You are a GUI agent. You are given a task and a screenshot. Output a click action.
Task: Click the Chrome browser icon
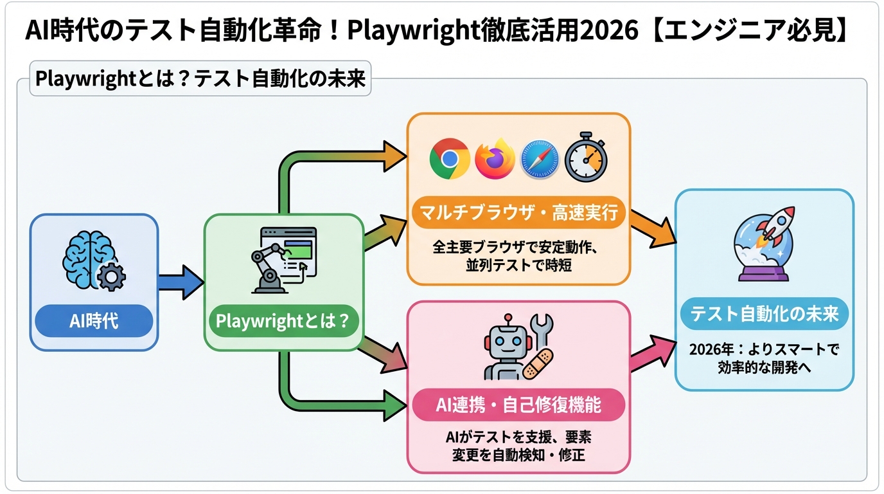[450, 159]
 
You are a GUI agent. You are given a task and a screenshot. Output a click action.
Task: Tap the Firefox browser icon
[495, 159]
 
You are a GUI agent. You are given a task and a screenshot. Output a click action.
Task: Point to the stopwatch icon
[586, 158]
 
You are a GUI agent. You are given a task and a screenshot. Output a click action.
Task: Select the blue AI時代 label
[94, 321]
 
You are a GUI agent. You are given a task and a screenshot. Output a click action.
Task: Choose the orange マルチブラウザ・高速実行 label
[518, 212]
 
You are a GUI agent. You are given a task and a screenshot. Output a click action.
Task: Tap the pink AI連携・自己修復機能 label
[518, 405]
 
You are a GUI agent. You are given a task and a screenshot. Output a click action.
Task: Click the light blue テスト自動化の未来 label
[764, 315]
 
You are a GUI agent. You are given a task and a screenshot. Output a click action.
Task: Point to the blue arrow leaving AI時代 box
[180, 282]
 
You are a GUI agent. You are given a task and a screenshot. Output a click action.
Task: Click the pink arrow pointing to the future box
[651, 353]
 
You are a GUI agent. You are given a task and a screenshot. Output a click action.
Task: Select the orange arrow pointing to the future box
[651, 228]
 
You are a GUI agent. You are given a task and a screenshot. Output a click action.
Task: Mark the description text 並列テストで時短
[518, 265]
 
